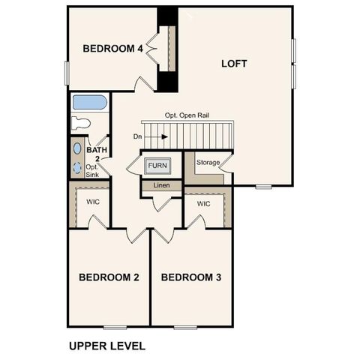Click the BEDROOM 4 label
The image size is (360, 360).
pos(112,49)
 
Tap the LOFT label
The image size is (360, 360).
pos(234,64)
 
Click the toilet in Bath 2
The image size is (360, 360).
pos(81,122)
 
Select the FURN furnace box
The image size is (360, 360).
pos(157,165)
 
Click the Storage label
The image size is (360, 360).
pos(208,163)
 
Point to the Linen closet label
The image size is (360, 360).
pos(161,185)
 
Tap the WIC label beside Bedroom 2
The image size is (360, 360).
pos(93,202)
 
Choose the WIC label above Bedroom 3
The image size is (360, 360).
pos(203,204)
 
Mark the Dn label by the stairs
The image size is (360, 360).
pos(137,136)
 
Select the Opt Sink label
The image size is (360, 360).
pos(92,170)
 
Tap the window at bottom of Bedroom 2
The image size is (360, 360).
pos(115,326)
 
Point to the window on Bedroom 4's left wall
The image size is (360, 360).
pos(67,73)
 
